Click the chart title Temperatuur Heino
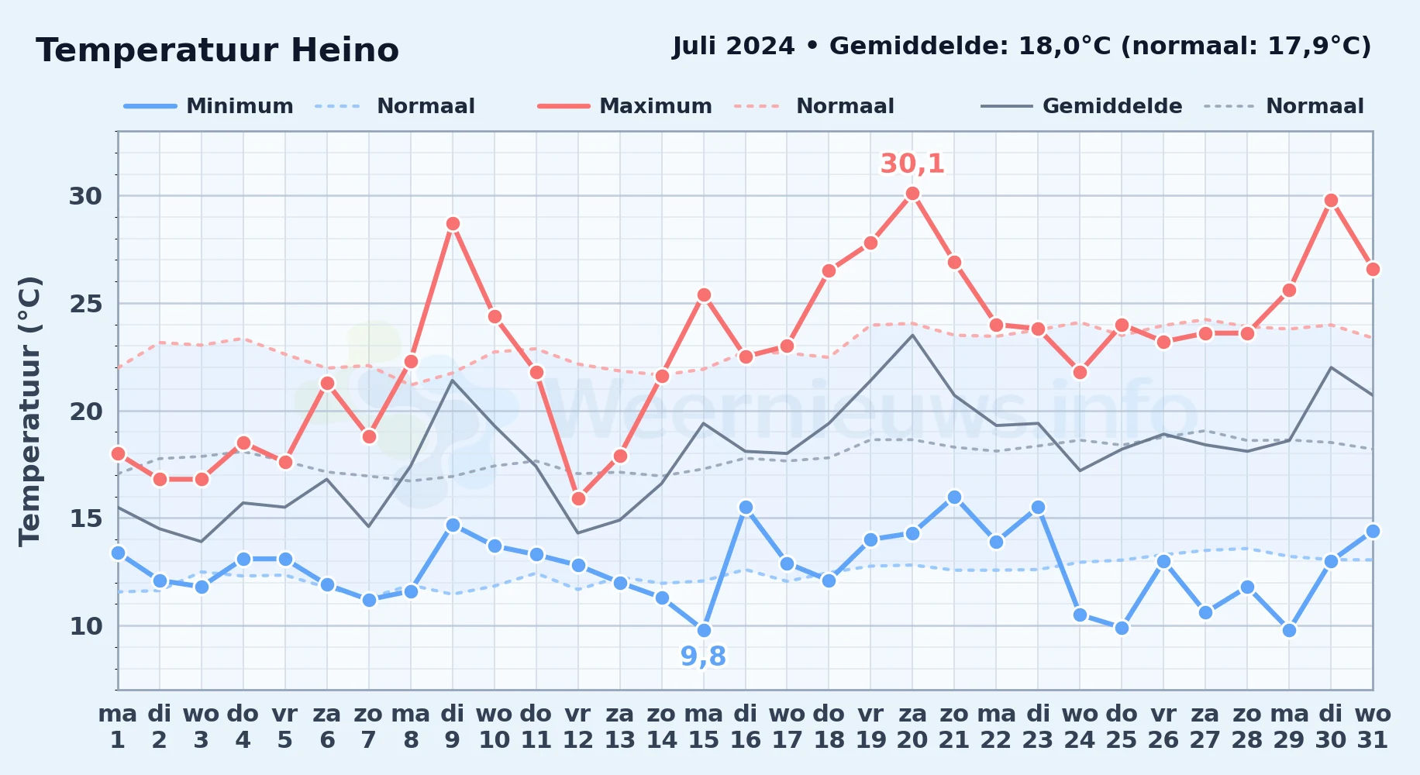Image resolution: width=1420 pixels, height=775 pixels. click(217, 50)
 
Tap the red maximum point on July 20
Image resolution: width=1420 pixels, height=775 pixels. click(912, 194)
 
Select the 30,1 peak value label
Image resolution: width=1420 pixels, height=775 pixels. click(912, 164)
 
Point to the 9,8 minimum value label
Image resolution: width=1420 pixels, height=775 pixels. click(703, 656)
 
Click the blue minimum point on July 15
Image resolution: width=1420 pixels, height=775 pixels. click(704, 630)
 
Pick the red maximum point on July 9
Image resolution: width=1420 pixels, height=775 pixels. click(453, 224)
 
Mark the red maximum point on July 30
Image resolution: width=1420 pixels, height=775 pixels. click(1331, 201)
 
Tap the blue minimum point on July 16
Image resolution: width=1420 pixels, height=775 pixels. click(746, 508)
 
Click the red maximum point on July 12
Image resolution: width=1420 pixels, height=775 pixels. click(578, 499)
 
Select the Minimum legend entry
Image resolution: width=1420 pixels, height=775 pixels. click(209, 106)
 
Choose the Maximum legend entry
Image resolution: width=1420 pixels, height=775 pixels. click(625, 106)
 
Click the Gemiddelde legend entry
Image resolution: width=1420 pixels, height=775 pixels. click(1082, 106)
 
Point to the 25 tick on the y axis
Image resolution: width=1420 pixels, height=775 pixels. click(86, 304)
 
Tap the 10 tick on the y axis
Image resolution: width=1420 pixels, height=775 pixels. click(86, 626)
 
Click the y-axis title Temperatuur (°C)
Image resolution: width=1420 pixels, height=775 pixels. click(29, 411)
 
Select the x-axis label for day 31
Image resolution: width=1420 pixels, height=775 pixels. click(1373, 727)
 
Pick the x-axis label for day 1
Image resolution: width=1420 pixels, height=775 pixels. click(118, 727)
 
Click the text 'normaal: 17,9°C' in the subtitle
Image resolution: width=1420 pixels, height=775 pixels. click(1246, 46)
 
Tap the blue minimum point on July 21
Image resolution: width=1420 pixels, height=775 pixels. click(954, 498)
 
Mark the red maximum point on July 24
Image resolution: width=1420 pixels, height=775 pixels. click(1080, 373)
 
